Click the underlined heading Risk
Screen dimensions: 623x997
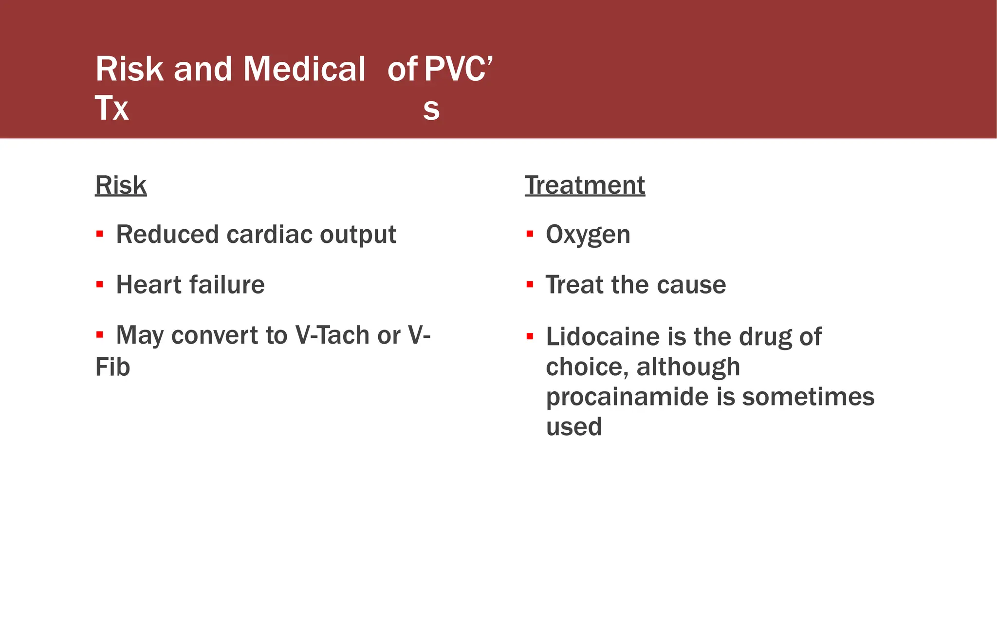(121, 185)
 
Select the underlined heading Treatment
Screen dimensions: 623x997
(585, 185)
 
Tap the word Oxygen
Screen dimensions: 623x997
(588, 235)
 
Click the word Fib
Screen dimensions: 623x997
(112, 367)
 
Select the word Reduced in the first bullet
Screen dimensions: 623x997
(167, 235)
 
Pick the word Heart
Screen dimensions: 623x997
(148, 285)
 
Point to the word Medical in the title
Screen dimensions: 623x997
(304, 69)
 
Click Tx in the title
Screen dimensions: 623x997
(111, 108)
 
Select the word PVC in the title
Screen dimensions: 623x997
(455, 69)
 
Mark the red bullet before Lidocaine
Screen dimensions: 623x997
(530, 336)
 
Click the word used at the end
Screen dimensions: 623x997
(574, 427)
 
